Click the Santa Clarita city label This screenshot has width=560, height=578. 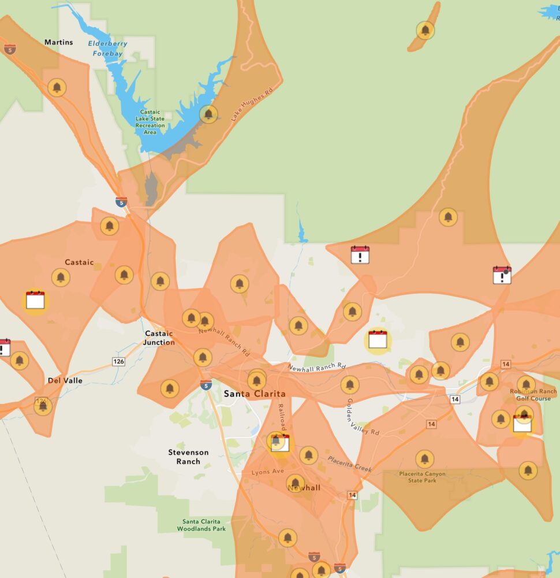coord(255,394)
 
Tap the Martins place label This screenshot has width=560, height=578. coord(59,42)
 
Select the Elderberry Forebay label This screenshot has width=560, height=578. coord(107,49)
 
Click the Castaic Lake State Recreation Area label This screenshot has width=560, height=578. coord(150,122)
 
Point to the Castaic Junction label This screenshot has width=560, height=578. coord(159,338)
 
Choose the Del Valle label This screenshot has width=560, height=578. coord(65,381)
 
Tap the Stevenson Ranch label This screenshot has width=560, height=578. coord(188,457)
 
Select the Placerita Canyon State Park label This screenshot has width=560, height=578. coord(422,477)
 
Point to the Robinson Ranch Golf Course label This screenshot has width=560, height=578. coord(533,395)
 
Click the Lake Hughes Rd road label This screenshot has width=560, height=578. coord(252,105)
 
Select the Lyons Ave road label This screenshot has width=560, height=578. coord(268,472)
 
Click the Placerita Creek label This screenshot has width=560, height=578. coord(350,464)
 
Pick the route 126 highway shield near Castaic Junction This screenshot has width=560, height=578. coord(118,361)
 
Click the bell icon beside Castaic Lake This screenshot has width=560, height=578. coord(208,114)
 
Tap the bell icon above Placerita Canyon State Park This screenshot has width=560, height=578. coord(424,459)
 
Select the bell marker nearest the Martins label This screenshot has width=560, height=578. coord(57,88)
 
